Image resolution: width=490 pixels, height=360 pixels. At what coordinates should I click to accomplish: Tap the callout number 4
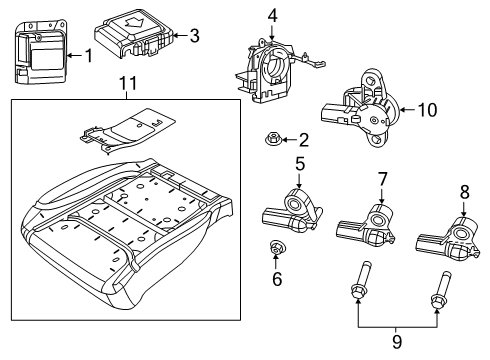click(272, 16)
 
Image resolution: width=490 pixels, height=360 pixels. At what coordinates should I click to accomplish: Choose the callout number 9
click(397, 341)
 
